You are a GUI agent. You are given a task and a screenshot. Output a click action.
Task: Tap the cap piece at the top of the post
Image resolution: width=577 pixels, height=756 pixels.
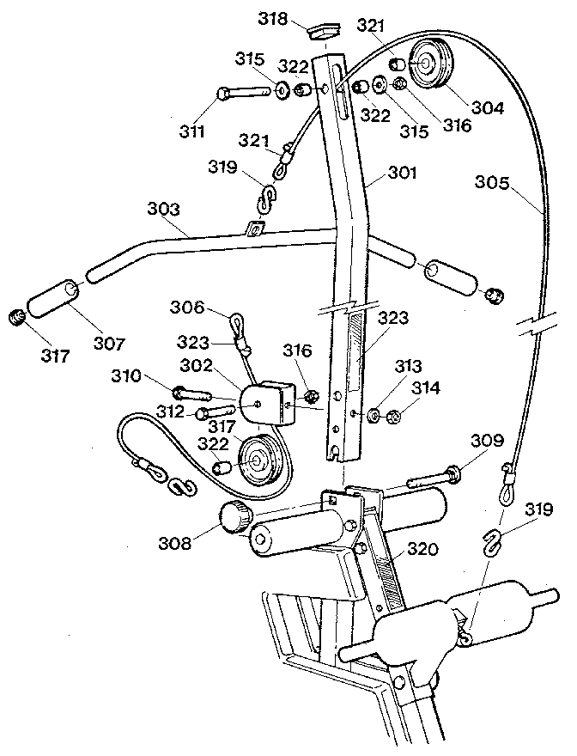click(321, 32)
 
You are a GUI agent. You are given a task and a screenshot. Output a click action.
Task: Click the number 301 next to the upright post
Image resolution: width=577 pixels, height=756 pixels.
click(402, 173)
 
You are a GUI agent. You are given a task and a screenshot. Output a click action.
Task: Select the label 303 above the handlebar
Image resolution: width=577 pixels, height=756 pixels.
click(164, 209)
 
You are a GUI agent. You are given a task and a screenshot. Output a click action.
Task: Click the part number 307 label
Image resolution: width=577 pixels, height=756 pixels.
click(107, 344)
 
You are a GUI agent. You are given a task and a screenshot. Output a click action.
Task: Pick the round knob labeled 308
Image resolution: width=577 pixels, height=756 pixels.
click(234, 518)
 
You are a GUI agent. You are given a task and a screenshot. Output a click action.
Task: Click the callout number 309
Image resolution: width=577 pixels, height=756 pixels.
click(487, 442)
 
